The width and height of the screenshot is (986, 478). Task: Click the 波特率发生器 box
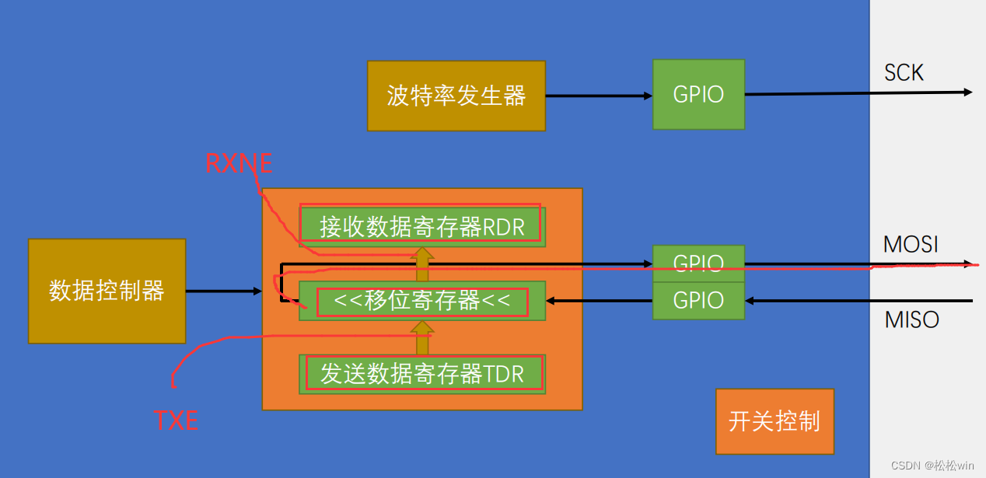[x=456, y=96]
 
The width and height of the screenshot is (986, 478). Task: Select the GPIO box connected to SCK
[x=698, y=95]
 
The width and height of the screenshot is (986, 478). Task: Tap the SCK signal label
[x=904, y=73]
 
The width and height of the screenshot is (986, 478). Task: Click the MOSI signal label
[x=911, y=245]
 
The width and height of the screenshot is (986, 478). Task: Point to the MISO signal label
[x=911, y=319]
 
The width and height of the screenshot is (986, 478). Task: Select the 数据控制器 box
[x=107, y=291]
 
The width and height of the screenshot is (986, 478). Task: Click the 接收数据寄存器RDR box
[x=421, y=226]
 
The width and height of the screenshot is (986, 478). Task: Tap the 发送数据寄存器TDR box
[x=421, y=374]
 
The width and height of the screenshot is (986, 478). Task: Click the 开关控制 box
[x=774, y=421]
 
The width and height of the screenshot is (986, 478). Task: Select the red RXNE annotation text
[x=239, y=163]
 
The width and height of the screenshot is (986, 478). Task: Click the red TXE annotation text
[x=176, y=420]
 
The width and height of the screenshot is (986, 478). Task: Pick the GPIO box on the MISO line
[x=698, y=301]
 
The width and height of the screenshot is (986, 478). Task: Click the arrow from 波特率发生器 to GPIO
[x=598, y=96]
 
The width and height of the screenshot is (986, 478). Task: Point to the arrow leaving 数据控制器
[x=224, y=291]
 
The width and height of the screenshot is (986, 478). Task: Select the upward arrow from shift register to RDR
[x=422, y=263]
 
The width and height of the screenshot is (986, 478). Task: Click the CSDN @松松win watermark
[x=932, y=466]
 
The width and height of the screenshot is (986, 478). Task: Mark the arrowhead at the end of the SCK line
[x=968, y=92]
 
